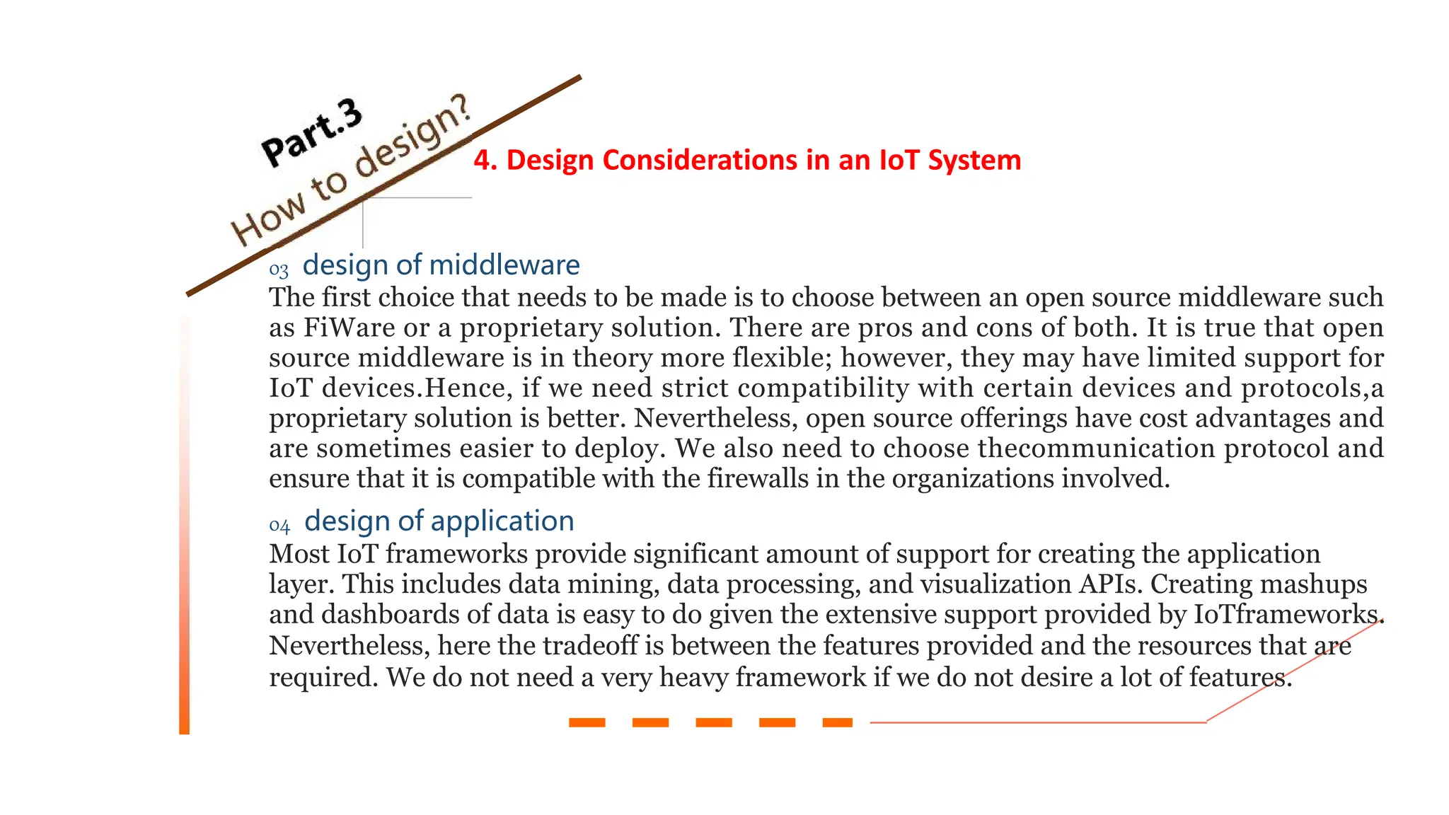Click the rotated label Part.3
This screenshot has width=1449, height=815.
312,132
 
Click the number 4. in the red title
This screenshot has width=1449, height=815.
485,161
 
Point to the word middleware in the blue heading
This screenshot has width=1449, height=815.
504,265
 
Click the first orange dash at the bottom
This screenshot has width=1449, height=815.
587,722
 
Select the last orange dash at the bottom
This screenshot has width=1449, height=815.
838,722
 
